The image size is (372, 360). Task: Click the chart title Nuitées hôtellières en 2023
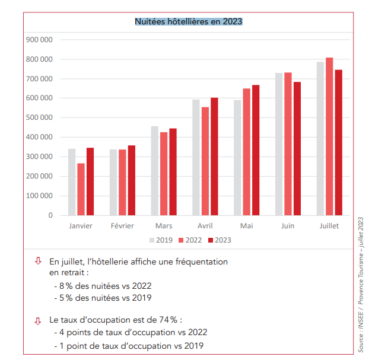click(188, 21)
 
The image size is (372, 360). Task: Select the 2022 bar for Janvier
click(81, 189)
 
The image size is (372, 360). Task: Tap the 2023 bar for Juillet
click(338, 142)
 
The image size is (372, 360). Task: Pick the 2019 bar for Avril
click(196, 157)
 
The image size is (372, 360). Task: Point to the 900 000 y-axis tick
click(40, 40)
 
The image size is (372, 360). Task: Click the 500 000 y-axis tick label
click(40, 117)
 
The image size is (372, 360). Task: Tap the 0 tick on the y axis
click(50, 215)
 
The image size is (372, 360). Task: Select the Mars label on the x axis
click(164, 226)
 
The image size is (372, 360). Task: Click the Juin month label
click(288, 226)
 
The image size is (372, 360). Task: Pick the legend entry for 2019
click(160, 240)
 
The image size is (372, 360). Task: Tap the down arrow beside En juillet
click(38, 260)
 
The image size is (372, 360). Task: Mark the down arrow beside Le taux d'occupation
click(38, 320)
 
